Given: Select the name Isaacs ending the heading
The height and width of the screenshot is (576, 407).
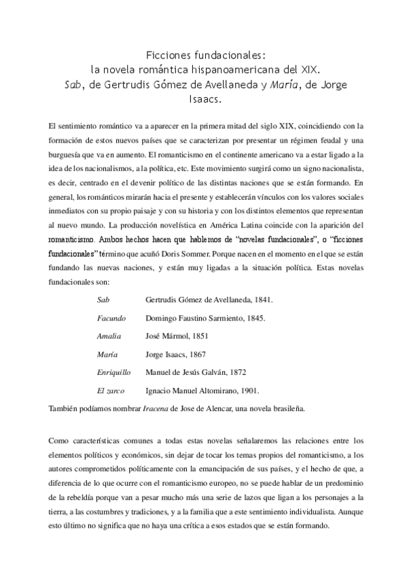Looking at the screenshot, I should coord(204,98).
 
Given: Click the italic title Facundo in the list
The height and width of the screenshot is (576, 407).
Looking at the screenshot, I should coord(111,317).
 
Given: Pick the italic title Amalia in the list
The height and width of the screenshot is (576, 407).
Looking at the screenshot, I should coord(109,336).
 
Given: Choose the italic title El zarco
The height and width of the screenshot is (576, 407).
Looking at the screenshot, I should coord(110,391).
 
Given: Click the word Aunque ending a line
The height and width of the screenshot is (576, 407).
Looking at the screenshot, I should coord(352,514).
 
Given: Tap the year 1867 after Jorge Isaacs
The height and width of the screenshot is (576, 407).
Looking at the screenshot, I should coord(196,354).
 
